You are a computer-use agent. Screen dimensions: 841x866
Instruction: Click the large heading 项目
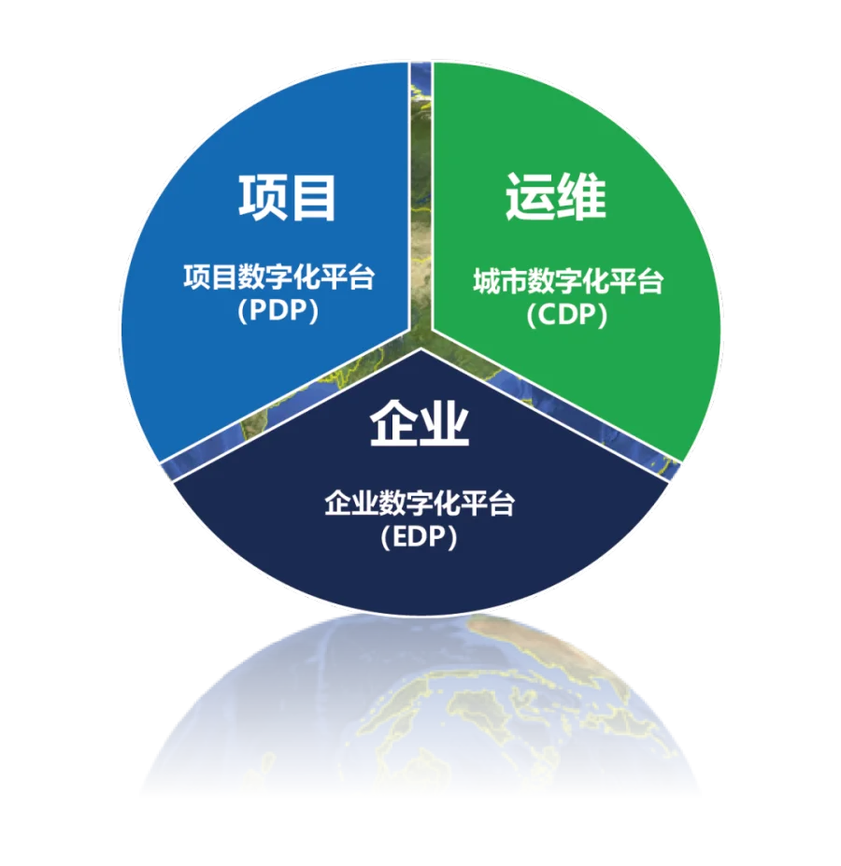287,197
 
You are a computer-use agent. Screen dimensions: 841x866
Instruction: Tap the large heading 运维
555,196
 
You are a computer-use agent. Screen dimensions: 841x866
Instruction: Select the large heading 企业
420,423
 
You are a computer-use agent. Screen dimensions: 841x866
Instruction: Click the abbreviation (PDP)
278,310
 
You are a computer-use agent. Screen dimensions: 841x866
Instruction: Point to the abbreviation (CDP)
567,316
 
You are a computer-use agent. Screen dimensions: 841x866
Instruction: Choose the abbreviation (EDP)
420,537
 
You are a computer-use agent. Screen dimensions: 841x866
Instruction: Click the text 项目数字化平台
279,277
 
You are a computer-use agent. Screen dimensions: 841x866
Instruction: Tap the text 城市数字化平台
568,282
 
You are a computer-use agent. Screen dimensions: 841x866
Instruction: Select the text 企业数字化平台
420,504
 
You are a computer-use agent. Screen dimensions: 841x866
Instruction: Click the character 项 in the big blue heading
262,197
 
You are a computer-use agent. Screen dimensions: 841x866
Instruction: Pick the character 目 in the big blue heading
312,197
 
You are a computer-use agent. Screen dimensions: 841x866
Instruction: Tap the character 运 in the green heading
530,196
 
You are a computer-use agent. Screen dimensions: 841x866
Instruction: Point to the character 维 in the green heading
581,196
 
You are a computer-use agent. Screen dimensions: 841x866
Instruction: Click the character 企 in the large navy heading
394,423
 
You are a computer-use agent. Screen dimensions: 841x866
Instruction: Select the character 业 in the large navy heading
445,423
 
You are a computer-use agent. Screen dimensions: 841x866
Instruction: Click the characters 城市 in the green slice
500,282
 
